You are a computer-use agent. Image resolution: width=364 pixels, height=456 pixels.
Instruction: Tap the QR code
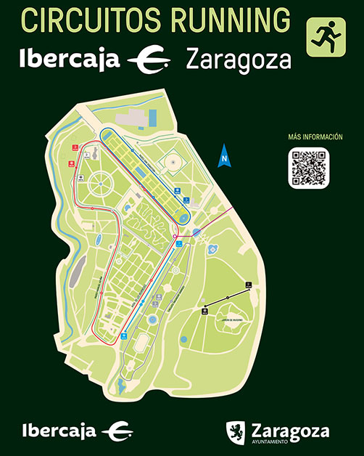(x=309, y=167)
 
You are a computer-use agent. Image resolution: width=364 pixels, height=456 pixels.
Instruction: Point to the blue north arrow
(x=225, y=155)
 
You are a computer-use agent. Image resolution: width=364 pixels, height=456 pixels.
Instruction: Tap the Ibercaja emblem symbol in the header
(x=148, y=59)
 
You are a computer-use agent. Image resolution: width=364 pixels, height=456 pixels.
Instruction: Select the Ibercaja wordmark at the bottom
(x=59, y=431)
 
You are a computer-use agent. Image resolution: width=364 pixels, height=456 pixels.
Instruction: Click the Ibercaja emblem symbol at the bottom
(x=117, y=431)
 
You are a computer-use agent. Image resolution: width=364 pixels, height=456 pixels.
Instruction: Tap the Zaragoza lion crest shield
(x=235, y=431)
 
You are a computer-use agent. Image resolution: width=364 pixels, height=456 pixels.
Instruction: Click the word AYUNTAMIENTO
(x=269, y=441)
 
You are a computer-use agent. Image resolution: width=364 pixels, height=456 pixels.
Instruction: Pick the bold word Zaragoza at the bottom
(x=286, y=429)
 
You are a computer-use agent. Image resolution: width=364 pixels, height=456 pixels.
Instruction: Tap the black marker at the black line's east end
(x=248, y=286)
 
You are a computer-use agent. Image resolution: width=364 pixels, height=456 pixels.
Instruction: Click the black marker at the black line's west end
(x=204, y=312)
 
